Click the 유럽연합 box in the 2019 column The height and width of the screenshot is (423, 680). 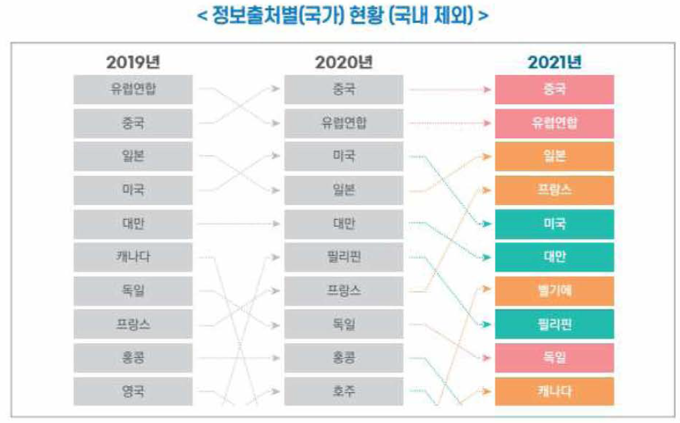click(133, 90)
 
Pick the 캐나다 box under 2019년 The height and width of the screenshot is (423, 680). click(133, 257)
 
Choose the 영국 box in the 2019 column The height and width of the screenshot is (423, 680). click(133, 391)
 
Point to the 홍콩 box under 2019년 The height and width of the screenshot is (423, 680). click(133, 358)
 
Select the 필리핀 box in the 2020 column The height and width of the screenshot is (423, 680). click(344, 257)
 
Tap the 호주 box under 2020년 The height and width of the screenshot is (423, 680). click(344, 391)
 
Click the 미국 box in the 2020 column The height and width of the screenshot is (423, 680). click(344, 157)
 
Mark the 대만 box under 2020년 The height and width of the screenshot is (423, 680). click(344, 223)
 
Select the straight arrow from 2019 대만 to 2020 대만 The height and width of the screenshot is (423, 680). click(237, 224)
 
